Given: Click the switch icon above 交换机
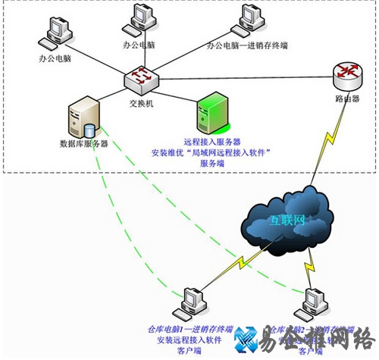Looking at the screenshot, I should [141, 77].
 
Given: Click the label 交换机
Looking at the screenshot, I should [142, 104].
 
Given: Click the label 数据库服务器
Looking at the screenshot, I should [84, 144].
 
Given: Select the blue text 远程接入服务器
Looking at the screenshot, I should [212, 142].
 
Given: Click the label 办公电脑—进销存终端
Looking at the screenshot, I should [247, 46].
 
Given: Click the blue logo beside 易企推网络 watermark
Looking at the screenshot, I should [246, 339].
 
